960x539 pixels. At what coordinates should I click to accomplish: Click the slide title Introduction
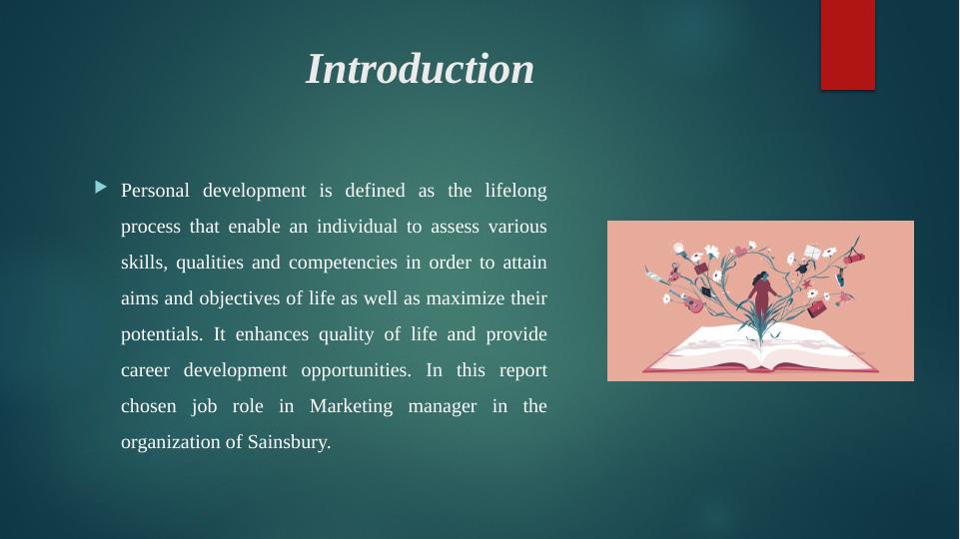pyautogui.click(x=420, y=69)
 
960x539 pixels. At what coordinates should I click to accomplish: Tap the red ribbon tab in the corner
pyautogui.click(x=848, y=45)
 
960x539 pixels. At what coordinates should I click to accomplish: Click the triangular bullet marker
pyautogui.click(x=101, y=188)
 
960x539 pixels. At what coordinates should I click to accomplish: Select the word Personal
pyautogui.click(x=155, y=191)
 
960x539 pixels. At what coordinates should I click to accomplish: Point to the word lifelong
pyautogui.click(x=515, y=191)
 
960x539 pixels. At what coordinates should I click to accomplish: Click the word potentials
pyautogui.click(x=162, y=334)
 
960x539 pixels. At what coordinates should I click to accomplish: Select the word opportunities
pyautogui.click(x=357, y=370)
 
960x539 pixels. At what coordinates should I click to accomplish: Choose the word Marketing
pyautogui.click(x=351, y=407)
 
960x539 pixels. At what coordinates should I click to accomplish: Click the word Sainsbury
pyautogui.click(x=289, y=442)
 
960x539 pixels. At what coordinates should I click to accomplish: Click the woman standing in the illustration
pyautogui.click(x=762, y=296)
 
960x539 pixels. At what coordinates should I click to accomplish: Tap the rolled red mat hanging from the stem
pyautogui.click(x=854, y=259)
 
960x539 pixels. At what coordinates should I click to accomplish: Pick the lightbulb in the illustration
pyautogui.click(x=679, y=249)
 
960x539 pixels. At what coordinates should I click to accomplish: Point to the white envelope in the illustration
pyautogui.click(x=812, y=252)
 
